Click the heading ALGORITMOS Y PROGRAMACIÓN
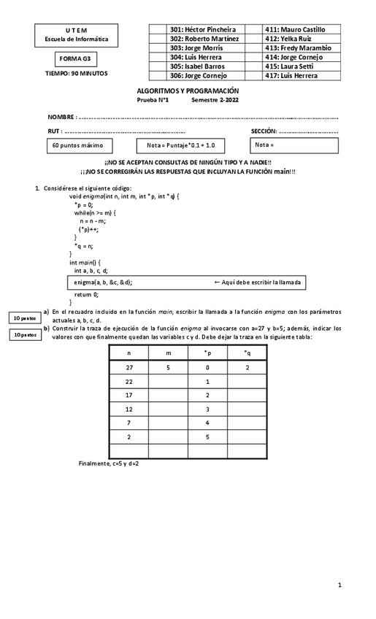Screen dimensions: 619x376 pyautogui.click(x=188, y=90)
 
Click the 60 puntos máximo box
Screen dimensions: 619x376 pyautogui.click(x=78, y=145)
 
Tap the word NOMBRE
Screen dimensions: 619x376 pyautogui.click(x=61, y=118)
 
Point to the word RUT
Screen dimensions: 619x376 pyautogui.click(x=53, y=131)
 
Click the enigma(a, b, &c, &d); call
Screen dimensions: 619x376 pyautogui.click(x=103, y=282)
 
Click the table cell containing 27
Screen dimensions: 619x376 pyautogui.click(x=128, y=368)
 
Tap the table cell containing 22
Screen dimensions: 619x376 pyautogui.click(x=128, y=382)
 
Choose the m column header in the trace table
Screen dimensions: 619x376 pyautogui.click(x=168, y=353)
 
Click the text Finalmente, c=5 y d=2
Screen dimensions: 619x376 pyautogui.click(x=109, y=464)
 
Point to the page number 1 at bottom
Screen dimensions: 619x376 pyautogui.click(x=339, y=585)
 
